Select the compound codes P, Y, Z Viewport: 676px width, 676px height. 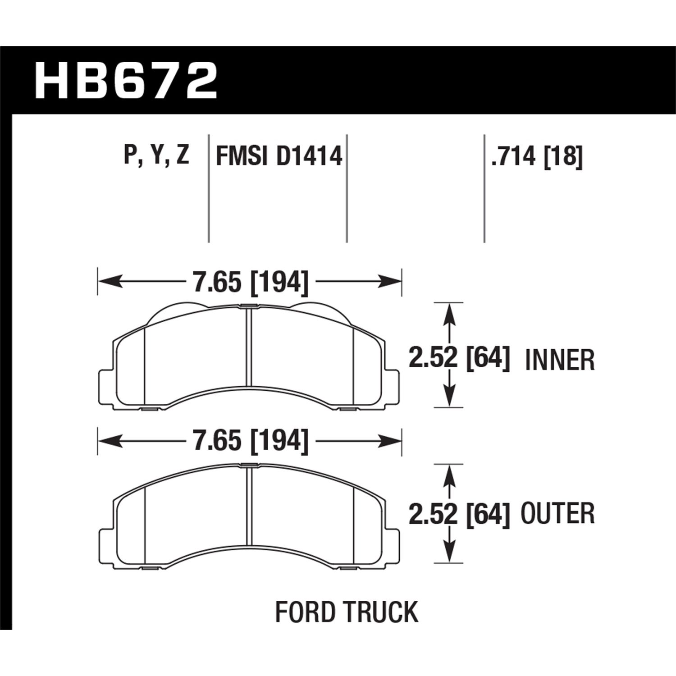click(x=156, y=156)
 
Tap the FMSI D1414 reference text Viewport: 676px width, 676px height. click(x=279, y=156)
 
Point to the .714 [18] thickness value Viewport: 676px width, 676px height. click(x=537, y=156)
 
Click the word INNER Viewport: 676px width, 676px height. click(x=560, y=361)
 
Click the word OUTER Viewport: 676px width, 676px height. click(x=557, y=514)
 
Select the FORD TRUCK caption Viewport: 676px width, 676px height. click(x=347, y=612)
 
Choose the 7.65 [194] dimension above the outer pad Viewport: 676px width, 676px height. click(x=251, y=441)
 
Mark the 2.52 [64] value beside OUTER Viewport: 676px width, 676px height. click(x=459, y=514)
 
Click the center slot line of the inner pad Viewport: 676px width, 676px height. click(x=249, y=347)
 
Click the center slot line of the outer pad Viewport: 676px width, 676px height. click(x=249, y=505)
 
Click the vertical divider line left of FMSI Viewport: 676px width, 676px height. click(x=209, y=189)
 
